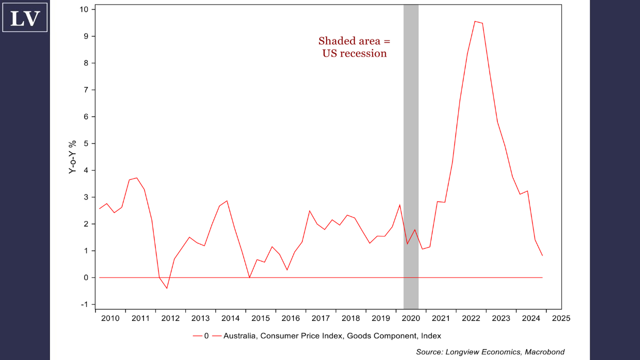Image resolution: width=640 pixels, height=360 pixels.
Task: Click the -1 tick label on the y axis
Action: (84, 304)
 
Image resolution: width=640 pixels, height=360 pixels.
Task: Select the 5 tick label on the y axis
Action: (86, 143)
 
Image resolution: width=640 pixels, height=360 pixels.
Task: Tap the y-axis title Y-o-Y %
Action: (72, 157)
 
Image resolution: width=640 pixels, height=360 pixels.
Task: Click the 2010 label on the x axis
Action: (110, 318)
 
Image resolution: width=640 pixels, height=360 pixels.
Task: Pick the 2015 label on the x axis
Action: (260, 318)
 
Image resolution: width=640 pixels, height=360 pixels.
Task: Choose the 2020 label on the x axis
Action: (410, 318)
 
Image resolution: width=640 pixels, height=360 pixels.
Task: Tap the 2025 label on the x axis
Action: (560, 318)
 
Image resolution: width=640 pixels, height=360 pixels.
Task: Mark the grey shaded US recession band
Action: (411, 150)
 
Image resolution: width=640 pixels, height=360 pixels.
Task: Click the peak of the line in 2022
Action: (475, 21)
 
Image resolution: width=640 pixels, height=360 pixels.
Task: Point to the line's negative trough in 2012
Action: (167, 288)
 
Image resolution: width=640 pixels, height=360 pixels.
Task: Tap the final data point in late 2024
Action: (542, 255)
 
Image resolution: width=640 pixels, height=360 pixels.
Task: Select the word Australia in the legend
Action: (240, 335)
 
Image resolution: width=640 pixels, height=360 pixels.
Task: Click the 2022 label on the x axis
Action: (471, 318)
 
